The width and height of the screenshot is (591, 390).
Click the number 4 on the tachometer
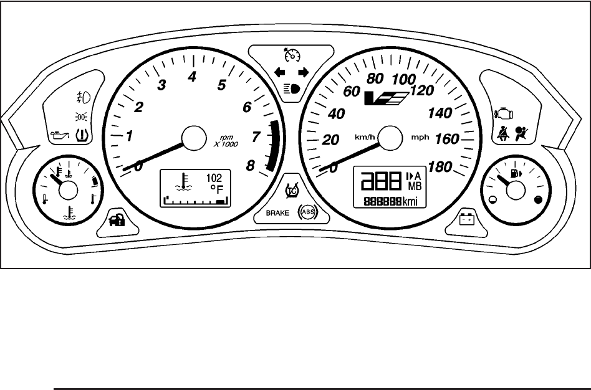(193, 77)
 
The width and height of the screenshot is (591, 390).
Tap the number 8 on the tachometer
(251, 165)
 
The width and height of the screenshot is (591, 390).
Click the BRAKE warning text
(278, 212)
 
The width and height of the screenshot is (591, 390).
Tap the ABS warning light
(307, 212)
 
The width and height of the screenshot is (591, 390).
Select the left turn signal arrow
(281, 72)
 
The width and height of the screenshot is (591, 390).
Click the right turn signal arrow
(304, 72)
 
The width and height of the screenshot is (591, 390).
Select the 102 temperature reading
(214, 177)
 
